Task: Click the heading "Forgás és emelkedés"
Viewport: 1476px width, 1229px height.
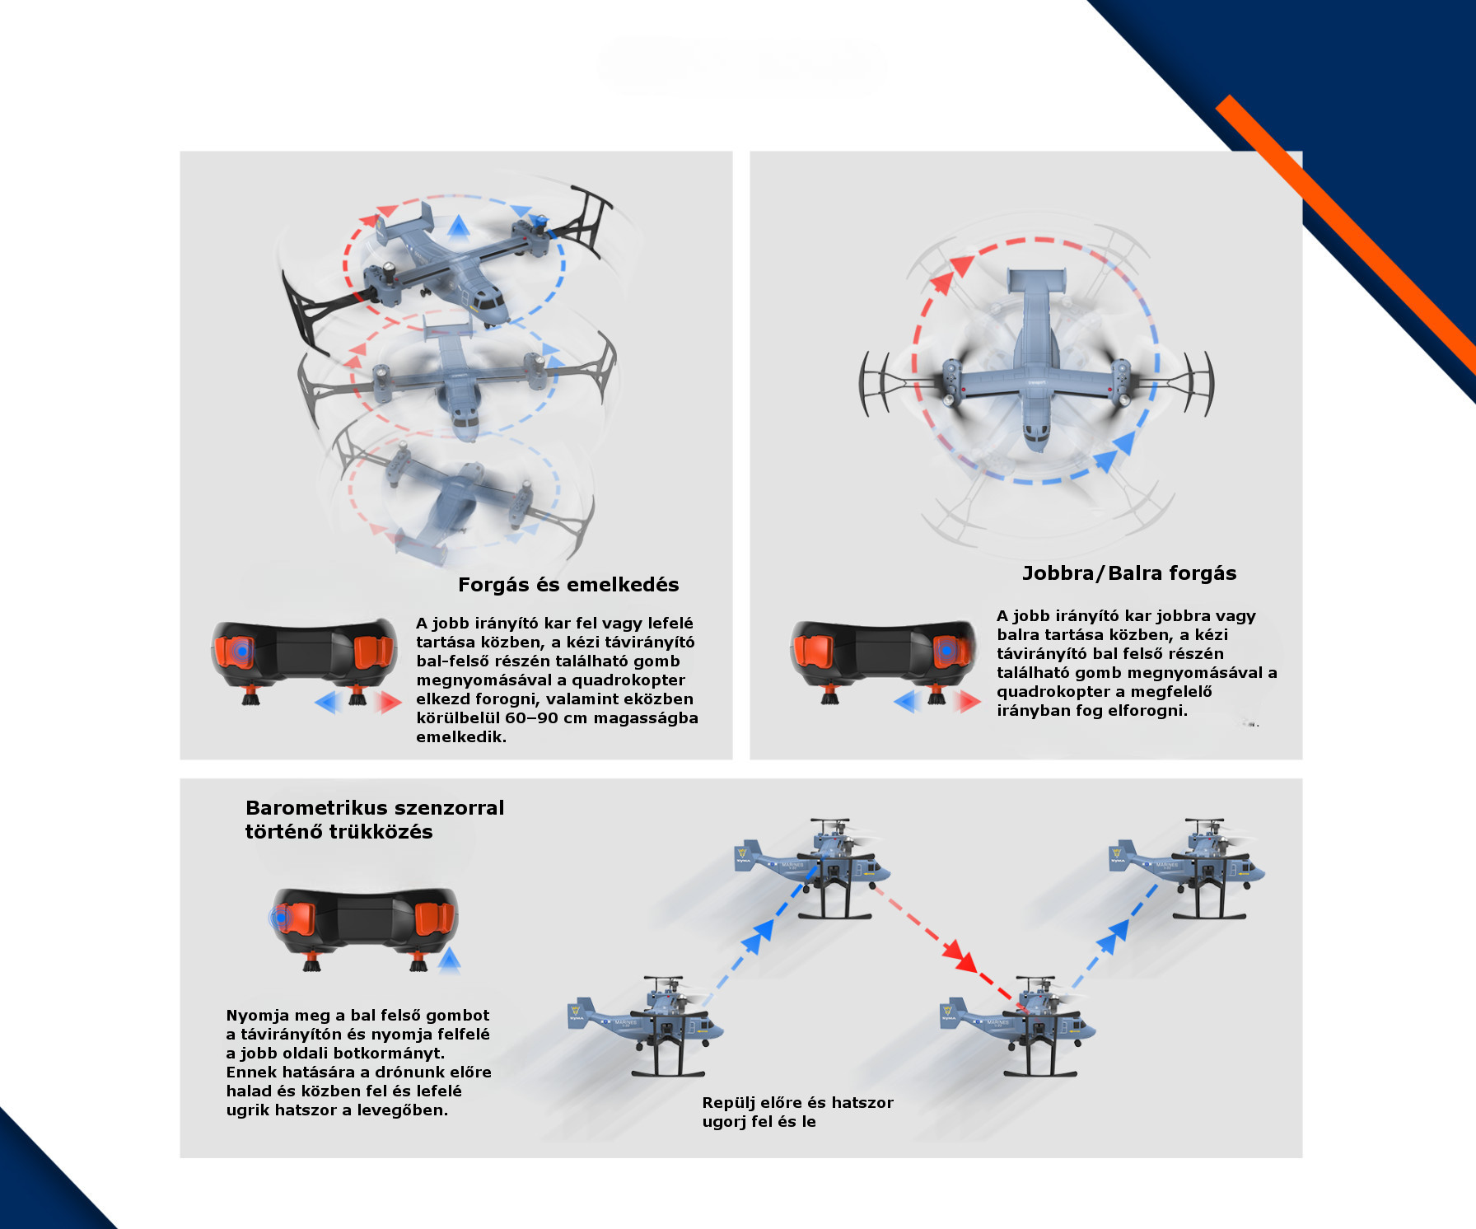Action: point(568,585)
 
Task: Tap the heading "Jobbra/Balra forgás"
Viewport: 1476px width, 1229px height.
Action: point(1129,573)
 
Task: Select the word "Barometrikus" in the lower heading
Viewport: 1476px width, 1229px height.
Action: point(315,808)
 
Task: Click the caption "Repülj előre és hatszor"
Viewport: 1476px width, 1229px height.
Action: point(797,1103)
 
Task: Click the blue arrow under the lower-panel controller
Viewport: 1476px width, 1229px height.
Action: point(449,960)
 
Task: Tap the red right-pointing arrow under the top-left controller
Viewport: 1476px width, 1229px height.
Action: point(389,703)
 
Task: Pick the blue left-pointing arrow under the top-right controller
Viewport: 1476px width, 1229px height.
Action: point(907,702)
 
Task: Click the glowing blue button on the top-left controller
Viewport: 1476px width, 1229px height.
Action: point(241,651)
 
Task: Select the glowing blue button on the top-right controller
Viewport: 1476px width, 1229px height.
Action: point(947,650)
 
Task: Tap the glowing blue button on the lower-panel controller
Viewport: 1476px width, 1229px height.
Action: point(280,918)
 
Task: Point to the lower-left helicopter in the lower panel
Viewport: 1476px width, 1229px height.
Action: point(647,1026)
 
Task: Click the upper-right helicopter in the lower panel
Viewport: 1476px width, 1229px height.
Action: point(1187,868)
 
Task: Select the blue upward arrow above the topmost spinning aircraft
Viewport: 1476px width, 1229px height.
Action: point(459,226)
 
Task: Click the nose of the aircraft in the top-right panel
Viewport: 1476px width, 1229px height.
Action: point(1038,437)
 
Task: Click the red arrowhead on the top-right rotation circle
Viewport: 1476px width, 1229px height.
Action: point(960,265)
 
